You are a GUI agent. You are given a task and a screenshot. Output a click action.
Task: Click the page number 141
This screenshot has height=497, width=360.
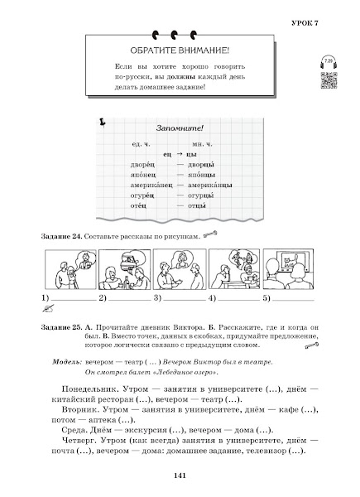[180, 476]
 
